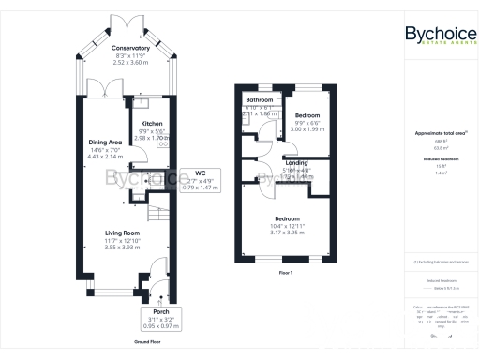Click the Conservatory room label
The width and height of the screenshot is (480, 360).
click(x=129, y=48)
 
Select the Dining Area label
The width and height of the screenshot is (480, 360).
click(x=105, y=142)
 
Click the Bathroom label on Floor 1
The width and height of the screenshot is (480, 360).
click(x=260, y=99)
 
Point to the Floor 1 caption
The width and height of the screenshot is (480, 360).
click(x=286, y=272)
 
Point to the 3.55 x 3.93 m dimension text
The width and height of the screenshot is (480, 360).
click(x=122, y=248)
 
